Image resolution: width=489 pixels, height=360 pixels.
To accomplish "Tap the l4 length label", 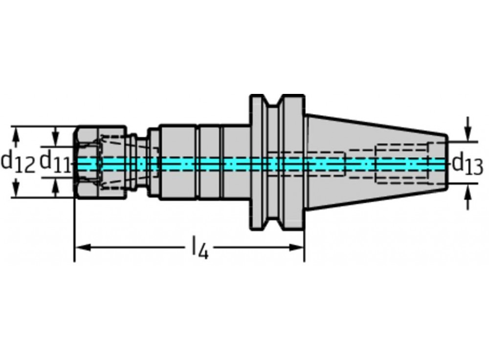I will pos(200,247).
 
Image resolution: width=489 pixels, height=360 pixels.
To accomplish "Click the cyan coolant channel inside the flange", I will pos(277,163).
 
